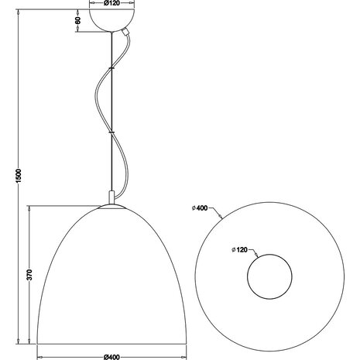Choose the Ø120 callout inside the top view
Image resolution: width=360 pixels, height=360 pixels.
(241, 250)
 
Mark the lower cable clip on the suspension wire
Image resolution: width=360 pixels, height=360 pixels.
(112, 133)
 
